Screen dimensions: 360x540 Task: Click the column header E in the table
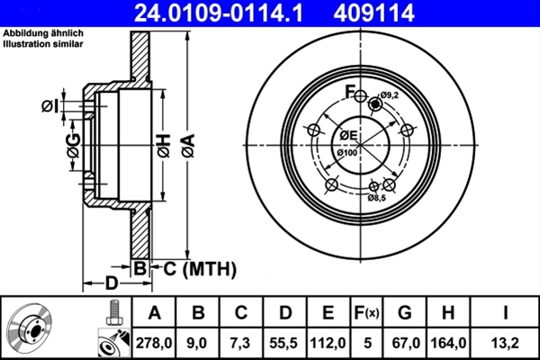pyautogui.click(x=328, y=313)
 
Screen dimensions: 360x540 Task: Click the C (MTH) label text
pyautogui.click(x=199, y=267)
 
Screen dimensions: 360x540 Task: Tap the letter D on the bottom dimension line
pyautogui.click(x=111, y=283)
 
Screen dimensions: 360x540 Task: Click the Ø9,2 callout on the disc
pyautogui.click(x=390, y=95)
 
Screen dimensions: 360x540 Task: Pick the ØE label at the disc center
pyautogui.click(x=348, y=136)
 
